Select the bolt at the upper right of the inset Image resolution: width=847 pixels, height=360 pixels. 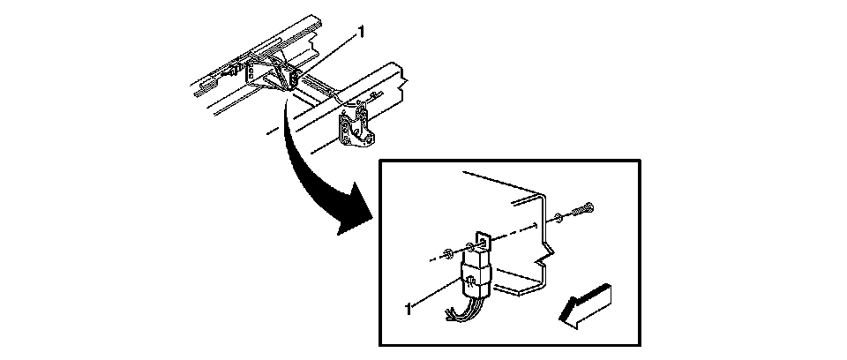pos(583,209)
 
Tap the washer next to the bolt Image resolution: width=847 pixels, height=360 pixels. pos(558,218)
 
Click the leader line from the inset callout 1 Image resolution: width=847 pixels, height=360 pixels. pos(437,295)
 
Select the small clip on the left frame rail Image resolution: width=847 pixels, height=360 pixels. pos(237,65)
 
